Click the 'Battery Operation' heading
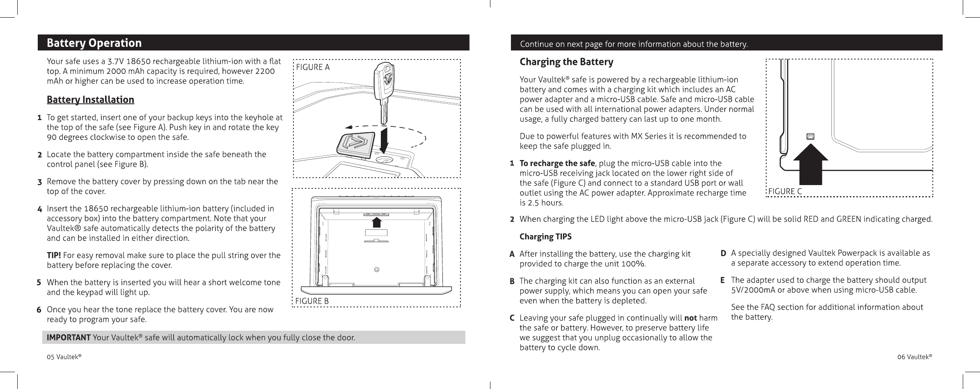[94, 43]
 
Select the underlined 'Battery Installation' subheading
[90, 100]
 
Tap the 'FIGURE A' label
[313, 67]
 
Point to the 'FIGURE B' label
[312, 301]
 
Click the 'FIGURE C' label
[785, 192]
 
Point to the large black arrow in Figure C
[810, 168]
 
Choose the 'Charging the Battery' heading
[566, 62]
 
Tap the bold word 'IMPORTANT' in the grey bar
[69, 338]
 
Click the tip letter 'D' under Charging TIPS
[724, 254]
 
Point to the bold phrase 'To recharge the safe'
[557, 164]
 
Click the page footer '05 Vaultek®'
[64, 357]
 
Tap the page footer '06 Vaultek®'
[914, 357]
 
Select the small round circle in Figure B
[377, 270]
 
